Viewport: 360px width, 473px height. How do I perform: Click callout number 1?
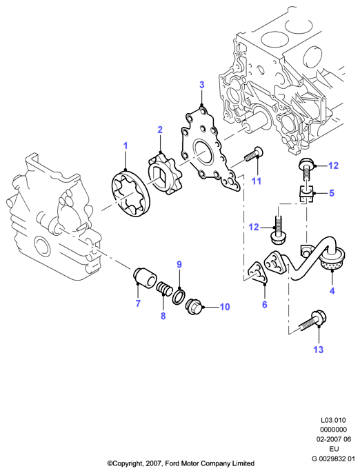(126, 145)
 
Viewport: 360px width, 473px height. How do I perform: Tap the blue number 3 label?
(202, 85)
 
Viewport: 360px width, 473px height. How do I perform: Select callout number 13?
(318, 350)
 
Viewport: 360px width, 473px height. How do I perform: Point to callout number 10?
(225, 307)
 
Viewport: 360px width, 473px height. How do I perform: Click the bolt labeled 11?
(253, 154)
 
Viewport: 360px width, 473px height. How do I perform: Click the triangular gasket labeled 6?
(257, 273)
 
